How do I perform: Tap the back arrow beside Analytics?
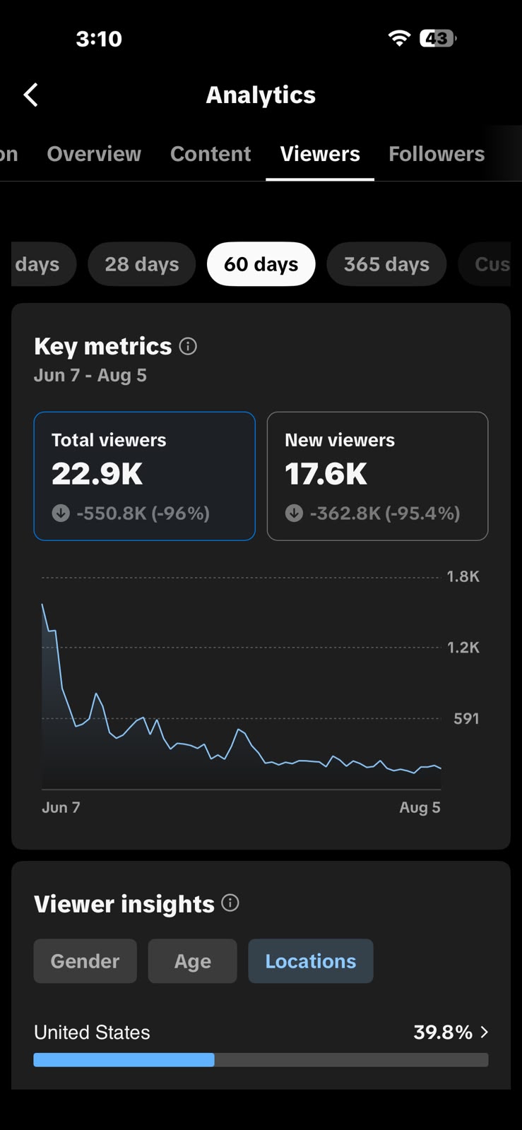pyautogui.click(x=31, y=95)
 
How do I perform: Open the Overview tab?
pyautogui.click(x=95, y=154)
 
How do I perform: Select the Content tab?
pyautogui.click(x=210, y=154)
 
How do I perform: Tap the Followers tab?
pyautogui.click(x=437, y=154)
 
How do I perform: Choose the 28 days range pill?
pyautogui.click(x=142, y=264)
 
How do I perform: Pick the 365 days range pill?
pyautogui.click(x=386, y=264)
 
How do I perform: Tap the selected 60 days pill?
pyautogui.click(x=261, y=264)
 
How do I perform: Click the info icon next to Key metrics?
pyautogui.click(x=188, y=347)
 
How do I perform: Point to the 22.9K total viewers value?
pyautogui.click(x=97, y=474)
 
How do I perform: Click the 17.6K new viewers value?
pyautogui.click(x=326, y=474)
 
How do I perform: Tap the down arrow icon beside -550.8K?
pyautogui.click(x=61, y=513)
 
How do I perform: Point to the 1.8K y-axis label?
pyautogui.click(x=463, y=576)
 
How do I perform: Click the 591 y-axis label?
pyautogui.click(x=466, y=718)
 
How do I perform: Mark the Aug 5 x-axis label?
pyautogui.click(x=420, y=808)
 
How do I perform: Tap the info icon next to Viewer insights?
pyautogui.click(x=230, y=903)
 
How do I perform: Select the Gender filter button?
pyautogui.click(x=85, y=961)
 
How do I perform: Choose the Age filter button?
pyautogui.click(x=193, y=961)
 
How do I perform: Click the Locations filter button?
pyautogui.click(x=311, y=961)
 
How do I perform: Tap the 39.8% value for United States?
pyautogui.click(x=443, y=1032)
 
